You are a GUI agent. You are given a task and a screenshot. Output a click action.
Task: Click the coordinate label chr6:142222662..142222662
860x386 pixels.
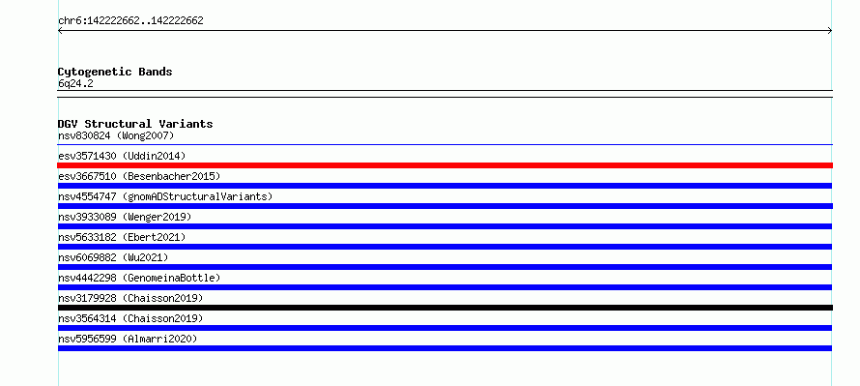click(x=130, y=21)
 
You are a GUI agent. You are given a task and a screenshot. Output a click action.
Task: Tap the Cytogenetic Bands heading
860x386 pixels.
click(x=115, y=72)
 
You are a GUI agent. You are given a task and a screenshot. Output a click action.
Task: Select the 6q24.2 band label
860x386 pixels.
click(x=75, y=83)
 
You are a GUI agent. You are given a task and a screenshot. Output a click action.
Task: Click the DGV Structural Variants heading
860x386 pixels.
click(x=135, y=124)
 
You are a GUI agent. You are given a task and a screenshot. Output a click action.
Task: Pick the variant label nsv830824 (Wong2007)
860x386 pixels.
click(x=116, y=135)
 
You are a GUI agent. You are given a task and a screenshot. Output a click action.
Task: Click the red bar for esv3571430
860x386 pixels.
click(x=444, y=165)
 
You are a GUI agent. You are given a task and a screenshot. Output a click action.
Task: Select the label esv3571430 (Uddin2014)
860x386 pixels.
click(x=122, y=156)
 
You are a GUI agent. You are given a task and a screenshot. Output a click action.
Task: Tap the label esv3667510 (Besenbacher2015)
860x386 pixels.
click(x=139, y=176)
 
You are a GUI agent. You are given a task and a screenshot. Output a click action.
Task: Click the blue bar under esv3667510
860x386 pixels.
click(x=444, y=186)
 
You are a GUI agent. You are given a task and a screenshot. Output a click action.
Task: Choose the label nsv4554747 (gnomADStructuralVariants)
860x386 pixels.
click(x=165, y=196)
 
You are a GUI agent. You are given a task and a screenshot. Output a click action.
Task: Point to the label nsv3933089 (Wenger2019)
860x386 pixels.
click(x=125, y=217)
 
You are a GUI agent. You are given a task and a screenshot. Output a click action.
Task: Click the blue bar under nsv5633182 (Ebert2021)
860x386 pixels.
click(x=444, y=247)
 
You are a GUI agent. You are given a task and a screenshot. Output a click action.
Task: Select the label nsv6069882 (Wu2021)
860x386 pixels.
click(x=113, y=257)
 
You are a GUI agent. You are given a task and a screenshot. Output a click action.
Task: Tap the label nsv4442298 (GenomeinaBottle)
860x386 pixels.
click(x=139, y=278)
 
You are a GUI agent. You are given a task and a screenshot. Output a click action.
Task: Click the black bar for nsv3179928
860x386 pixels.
click(x=444, y=308)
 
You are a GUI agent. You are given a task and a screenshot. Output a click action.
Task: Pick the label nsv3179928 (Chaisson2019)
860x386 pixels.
click(x=130, y=298)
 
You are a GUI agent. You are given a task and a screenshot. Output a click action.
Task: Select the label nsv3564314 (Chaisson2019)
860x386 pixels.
click(x=130, y=318)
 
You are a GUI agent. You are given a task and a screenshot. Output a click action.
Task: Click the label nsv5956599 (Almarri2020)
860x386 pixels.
click(x=128, y=339)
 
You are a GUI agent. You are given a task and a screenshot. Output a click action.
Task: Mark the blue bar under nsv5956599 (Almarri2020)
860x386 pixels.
click(x=444, y=348)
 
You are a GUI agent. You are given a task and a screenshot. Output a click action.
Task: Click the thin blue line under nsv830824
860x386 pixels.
click(x=444, y=145)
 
